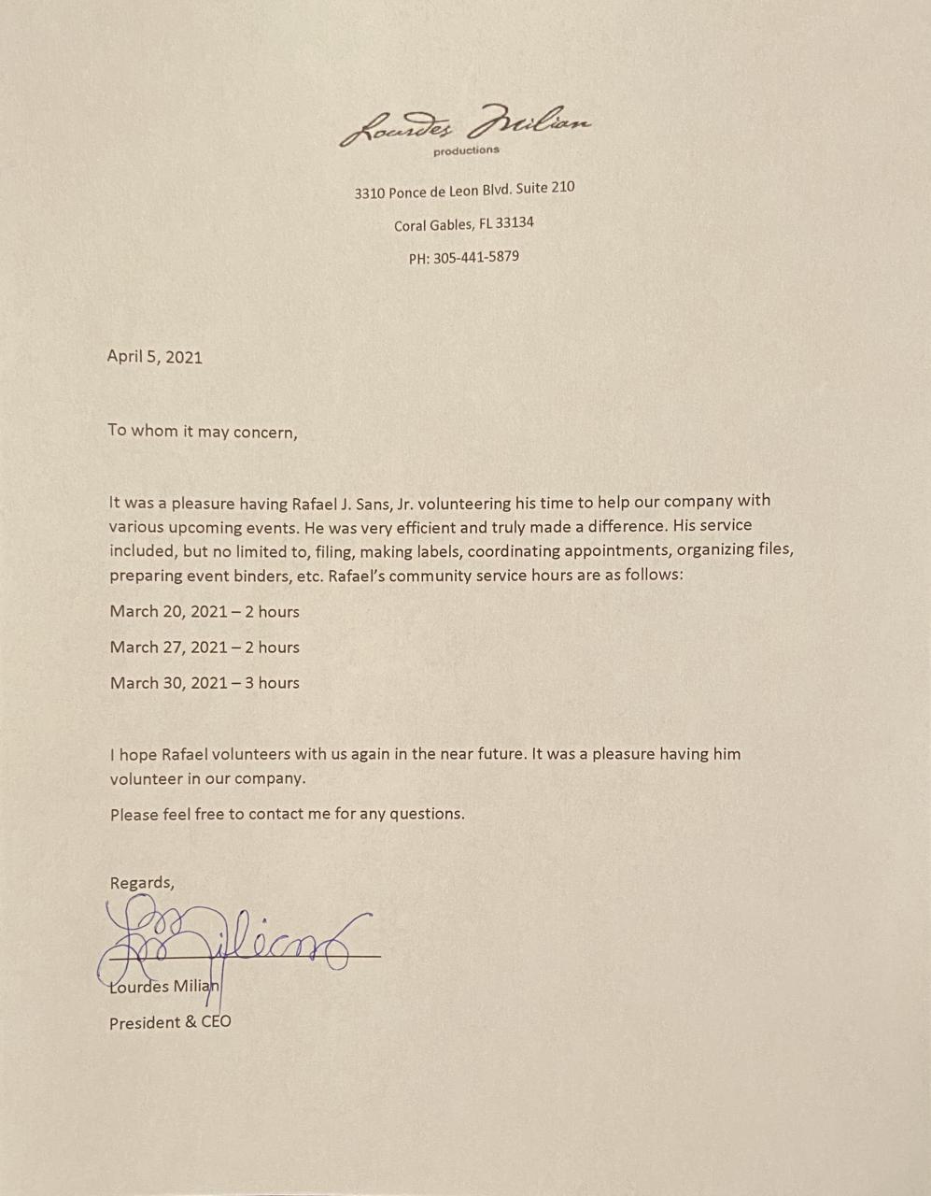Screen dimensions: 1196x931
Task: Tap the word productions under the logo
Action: pos(466,150)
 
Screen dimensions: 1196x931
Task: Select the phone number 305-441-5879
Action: pos(476,257)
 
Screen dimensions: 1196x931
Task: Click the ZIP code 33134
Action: pos(515,223)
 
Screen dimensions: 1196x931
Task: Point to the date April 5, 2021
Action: pos(154,356)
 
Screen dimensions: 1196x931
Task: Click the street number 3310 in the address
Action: pos(369,193)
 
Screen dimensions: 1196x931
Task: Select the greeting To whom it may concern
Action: pos(203,431)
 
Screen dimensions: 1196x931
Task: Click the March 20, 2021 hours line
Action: pos(205,612)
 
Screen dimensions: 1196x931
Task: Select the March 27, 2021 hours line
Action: pos(205,648)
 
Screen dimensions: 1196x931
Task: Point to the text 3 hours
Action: pos(272,683)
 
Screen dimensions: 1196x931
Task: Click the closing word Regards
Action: pos(141,883)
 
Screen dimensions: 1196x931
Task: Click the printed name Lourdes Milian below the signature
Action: pos(164,987)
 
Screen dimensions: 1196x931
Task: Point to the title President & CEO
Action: pos(170,1022)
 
